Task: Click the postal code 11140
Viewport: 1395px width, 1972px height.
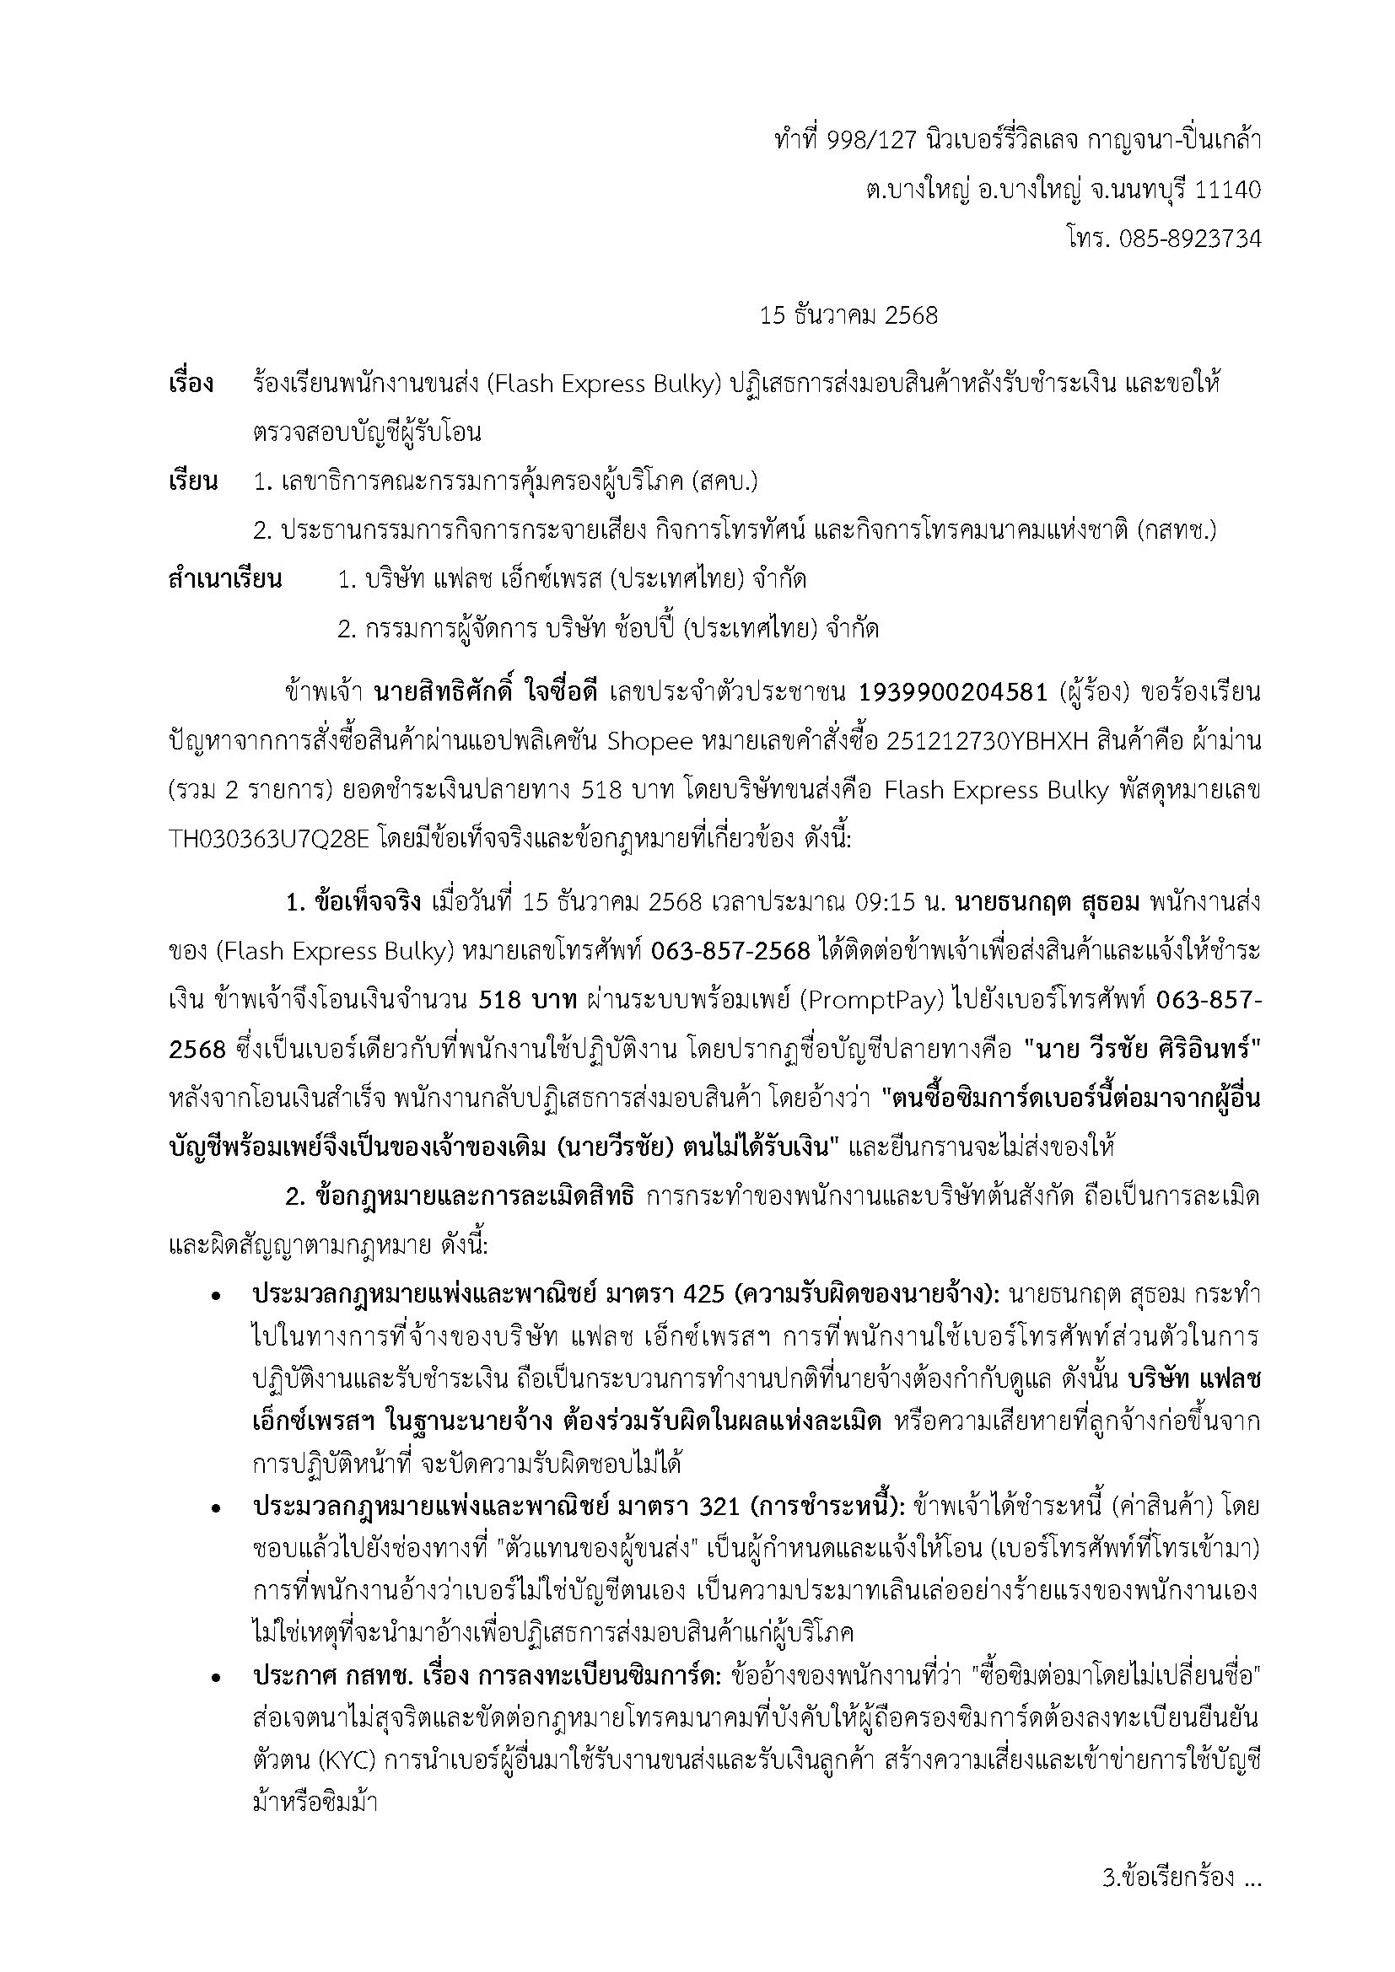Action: coord(1228,190)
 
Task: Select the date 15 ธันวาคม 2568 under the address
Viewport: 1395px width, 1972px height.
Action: coord(848,315)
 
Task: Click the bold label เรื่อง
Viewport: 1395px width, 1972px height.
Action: coord(191,384)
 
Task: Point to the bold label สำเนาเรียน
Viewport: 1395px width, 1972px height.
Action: coord(225,580)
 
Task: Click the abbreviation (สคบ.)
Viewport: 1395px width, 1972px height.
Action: coord(725,482)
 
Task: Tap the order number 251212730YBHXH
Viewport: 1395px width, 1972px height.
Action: coord(978,742)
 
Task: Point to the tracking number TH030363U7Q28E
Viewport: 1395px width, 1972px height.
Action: coord(270,839)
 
